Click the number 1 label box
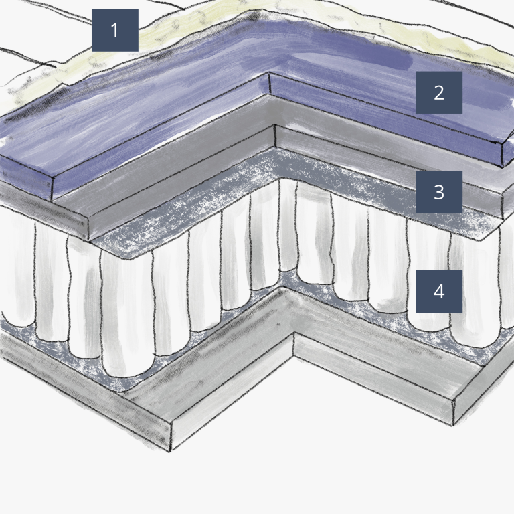click(114, 30)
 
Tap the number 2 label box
click(439, 92)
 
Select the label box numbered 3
click(439, 192)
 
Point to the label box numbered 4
click(439, 291)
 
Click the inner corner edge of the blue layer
click(270, 83)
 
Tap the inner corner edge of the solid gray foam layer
click(274, 136)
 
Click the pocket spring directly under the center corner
click(288, 226)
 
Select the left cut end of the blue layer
click(26, 177)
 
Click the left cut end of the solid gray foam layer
click(44, 213)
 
